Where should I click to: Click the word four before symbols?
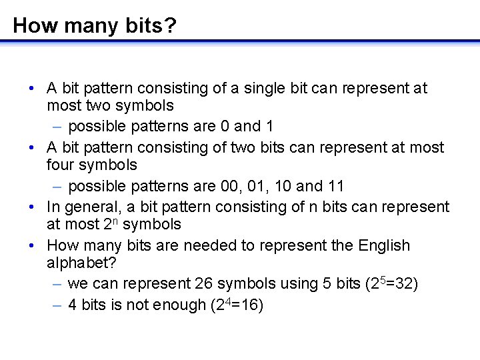pos(62,165)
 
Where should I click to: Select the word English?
pos(384,245)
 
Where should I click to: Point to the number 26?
pos(204,283)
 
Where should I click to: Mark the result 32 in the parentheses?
pos(401,283)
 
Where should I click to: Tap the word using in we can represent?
pos(295,283)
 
